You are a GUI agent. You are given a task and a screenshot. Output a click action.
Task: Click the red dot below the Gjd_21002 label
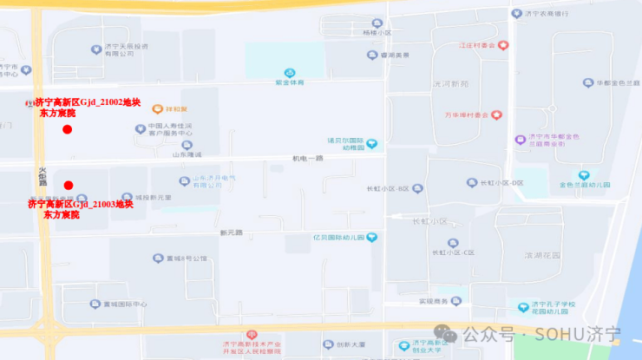pos(67,129)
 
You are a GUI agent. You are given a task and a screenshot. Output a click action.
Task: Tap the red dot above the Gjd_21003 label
pos(69,185)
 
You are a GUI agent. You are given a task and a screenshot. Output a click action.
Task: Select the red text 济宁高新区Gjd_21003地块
pos(80,204)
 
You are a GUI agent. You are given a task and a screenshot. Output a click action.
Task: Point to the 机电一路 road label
pos(307,158)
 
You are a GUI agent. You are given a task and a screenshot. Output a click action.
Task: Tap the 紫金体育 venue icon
pos(290,73)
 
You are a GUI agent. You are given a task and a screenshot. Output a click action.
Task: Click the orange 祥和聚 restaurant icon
pos(158,109)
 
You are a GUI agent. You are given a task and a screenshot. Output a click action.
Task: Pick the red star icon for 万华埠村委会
pos(498,115)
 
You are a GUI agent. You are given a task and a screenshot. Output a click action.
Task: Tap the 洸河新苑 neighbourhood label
pos(450,83)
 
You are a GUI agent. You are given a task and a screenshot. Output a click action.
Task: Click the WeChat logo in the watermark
pos(446,333)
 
